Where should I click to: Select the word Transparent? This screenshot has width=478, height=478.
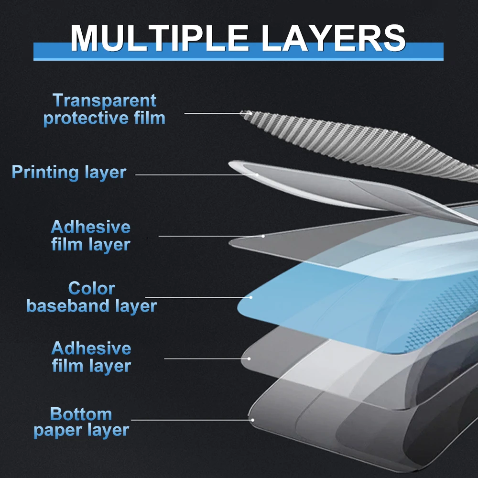[104, 100]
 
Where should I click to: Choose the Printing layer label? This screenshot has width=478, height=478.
[69, 172]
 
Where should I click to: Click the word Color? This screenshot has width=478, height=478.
[91, 288]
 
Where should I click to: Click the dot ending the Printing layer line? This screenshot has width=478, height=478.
[257, 175]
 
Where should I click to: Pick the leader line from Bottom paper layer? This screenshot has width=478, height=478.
[191, 420]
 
